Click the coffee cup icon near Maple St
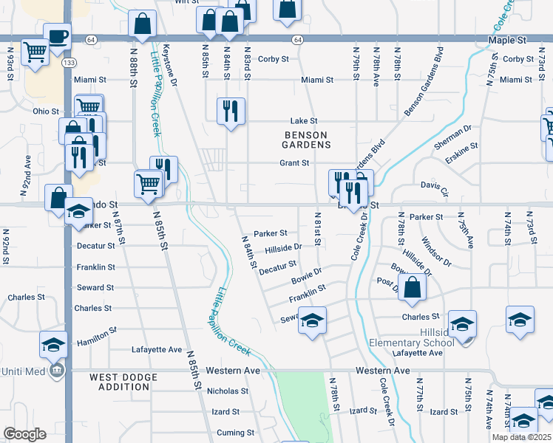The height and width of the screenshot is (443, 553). [x=57, y=35]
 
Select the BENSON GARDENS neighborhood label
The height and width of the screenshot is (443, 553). [x=307, y=140]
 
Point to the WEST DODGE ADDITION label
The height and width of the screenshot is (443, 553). [x=123, y=382]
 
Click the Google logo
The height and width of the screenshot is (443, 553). [x=24, y=433]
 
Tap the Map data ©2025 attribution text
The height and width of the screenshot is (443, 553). [x=521, y=437]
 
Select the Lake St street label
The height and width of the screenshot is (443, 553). [x=303, y=120]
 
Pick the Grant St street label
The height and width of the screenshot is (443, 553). [x=294, y=162]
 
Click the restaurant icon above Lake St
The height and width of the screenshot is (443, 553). [x=231, y=111]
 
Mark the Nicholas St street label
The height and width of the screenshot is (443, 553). [x=227, y=391]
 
